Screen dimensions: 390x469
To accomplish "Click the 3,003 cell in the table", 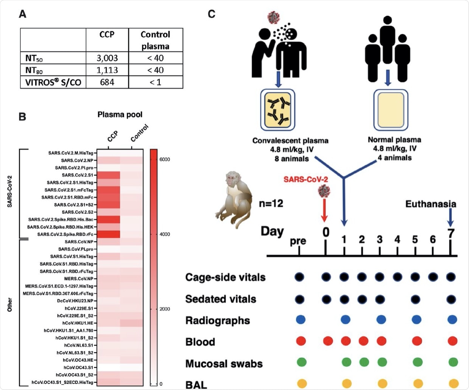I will (x=107, y=58).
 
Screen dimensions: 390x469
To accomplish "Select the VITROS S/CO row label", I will (x=53, y=82).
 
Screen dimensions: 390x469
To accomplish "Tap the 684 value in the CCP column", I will (x=107, y=82).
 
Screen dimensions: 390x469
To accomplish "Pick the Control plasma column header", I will (x=155, y=40).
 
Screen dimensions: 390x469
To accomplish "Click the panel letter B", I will (x=23, y=117).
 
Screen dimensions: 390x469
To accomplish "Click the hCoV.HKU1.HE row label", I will (x=78, y=323).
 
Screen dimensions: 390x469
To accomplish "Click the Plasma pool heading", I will (x=120, y=115).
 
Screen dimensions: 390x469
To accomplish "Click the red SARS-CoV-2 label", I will (x=306, y=179).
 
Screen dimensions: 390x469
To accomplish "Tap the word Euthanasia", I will (x=430, y=204).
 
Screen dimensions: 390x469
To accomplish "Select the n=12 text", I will (x=271, y=204).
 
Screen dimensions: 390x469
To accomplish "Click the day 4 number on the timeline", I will (x=397, y=240).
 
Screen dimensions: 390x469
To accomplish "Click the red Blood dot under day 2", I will (x=363, y=341).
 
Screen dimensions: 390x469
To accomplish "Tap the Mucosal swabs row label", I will (x=224, y=364).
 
